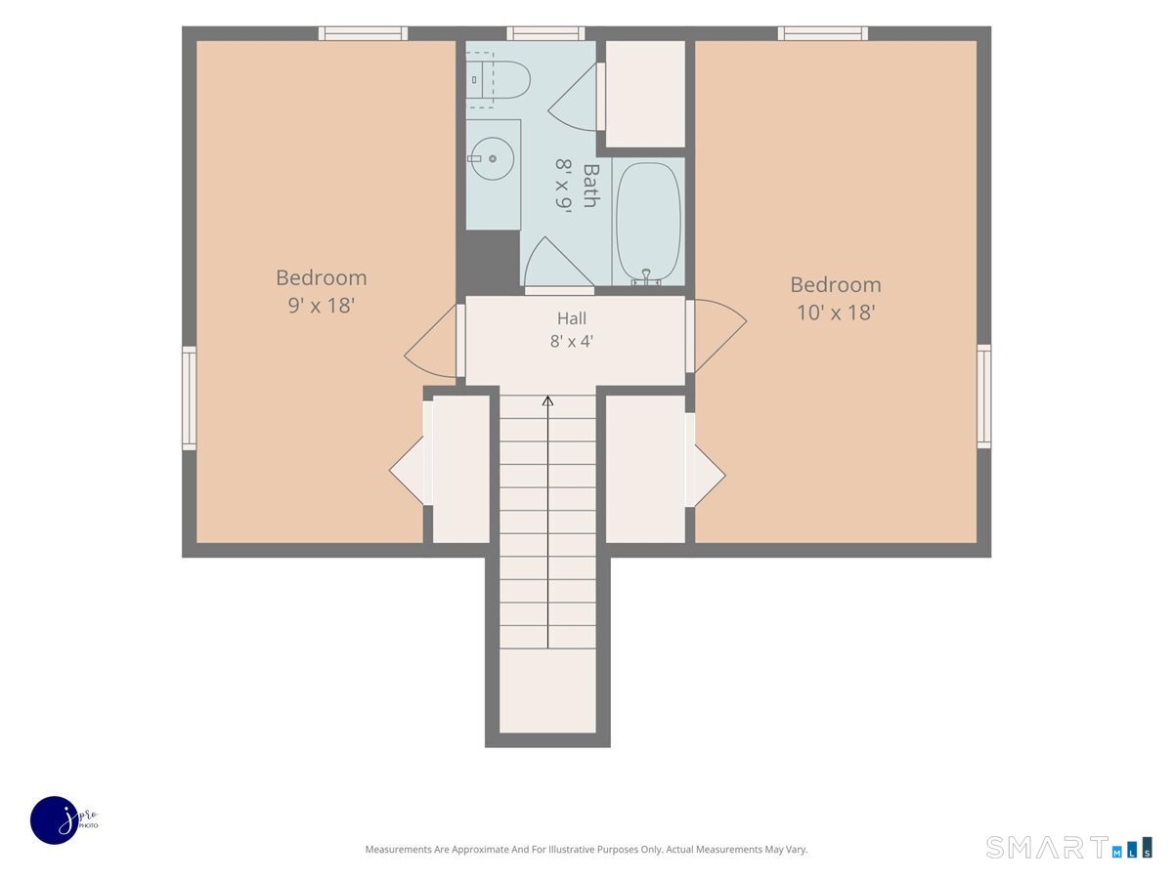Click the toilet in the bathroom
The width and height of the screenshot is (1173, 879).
pos(499,80)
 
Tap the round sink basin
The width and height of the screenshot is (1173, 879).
pos(493,158)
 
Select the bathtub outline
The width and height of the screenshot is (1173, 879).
pos(648,222)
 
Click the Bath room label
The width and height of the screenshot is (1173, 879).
pos(591,186)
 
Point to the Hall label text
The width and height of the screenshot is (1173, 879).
pos(571,318)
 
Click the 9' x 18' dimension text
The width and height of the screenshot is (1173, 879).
pos(322,306)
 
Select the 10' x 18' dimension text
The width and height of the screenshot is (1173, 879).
pos(836,313)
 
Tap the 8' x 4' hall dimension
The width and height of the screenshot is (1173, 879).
pos(571,341)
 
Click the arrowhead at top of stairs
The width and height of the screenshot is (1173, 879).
pos(547,400)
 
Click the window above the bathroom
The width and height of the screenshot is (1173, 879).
pos(545,33)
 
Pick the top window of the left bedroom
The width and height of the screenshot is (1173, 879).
pos(363,33)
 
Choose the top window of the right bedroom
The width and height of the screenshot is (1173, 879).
pos(823,33)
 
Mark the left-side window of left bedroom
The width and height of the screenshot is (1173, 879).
pos(190,398)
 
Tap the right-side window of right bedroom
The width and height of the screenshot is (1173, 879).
pos(983,397)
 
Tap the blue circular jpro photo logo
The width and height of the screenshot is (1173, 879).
pos(55,819)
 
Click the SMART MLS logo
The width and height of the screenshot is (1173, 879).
pos(1068,847)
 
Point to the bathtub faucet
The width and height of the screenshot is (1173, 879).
pos(646,277)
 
